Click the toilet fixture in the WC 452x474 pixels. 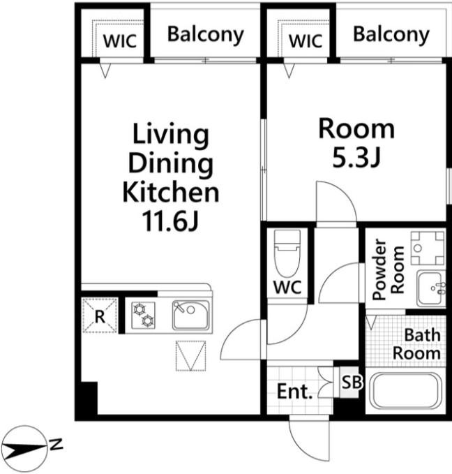click(287, 253)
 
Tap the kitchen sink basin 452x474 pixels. click(190, 315)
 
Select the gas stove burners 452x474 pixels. click(144, 315)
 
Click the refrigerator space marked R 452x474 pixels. click(100, 316)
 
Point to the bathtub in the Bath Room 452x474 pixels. click(405, 391)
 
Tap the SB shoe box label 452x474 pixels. click(351, 382)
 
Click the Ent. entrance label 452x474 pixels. click(294, 392)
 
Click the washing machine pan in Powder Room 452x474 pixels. click(428, 248)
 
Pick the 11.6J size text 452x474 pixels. click(171, 221)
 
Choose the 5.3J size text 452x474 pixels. click(356, 158)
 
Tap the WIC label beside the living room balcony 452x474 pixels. click(120, 40)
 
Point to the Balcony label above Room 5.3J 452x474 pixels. click(391, 35)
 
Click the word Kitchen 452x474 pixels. click(171, 192)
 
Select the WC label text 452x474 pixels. click(287, 287)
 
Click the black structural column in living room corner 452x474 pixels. click(89, 399)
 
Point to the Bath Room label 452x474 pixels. click(417, 344)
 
